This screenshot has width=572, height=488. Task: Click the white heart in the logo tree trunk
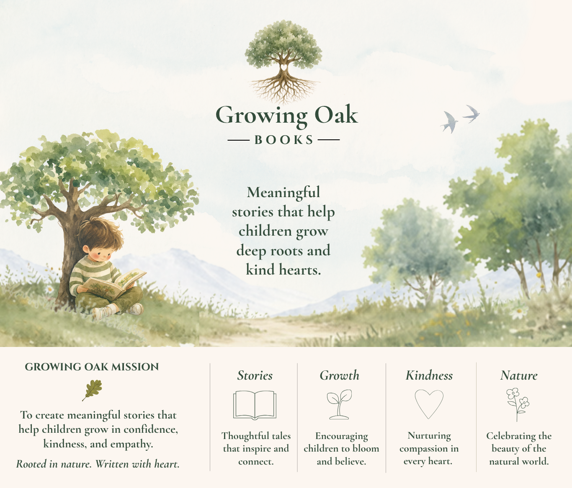pos(283,67)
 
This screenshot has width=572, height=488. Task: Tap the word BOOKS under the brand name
pos(283,140)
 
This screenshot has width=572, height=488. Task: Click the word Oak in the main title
pos(336,116)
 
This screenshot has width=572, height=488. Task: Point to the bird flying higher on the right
pos(471,114)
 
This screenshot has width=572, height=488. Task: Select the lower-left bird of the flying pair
pos(449,122)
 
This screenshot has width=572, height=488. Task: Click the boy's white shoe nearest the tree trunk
pos(102,312)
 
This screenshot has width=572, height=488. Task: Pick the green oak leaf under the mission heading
pos(92,390)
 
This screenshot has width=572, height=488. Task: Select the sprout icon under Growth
pos(339,404)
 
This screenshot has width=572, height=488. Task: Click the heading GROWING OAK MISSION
pos(92,367)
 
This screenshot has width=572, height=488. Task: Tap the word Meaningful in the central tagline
pos(283,192)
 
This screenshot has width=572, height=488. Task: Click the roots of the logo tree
pos(284,89)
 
